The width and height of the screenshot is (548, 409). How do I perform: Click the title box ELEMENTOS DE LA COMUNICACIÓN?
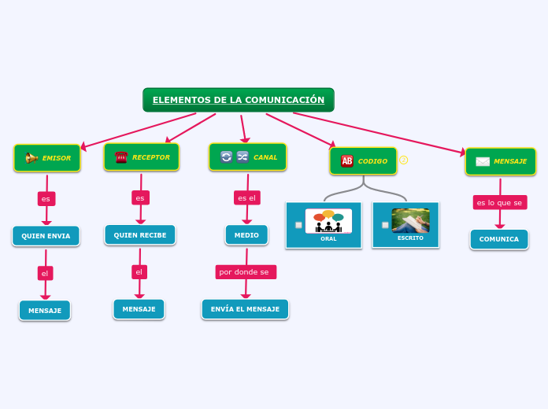pyautogui.click(x=239, y=100)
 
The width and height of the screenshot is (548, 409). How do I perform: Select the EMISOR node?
pyautogui.click(x=47, y=158)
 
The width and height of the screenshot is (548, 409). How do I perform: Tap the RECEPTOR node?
pyautogui.click(x=142, y=157)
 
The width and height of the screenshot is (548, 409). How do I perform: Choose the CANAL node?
pyautogui.click(x=247, y=157)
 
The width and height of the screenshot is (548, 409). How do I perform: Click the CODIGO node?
pyautogui.click(x=363, y=161)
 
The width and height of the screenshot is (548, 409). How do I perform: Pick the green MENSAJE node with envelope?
pyautogui.click(x=501, y=161)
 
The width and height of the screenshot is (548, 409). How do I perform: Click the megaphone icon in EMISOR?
pyautogui.click(x=31, y=158)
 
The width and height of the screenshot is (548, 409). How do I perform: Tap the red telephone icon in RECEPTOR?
pyautogui.click(x=121, y=157)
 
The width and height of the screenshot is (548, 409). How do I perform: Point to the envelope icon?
pyautogui.click(x=483, y=161)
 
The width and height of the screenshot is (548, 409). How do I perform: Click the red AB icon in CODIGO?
pyautogui.click(x=347, y=161)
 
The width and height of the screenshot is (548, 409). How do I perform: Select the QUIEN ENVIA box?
pyautogui.click(x=46, y=236)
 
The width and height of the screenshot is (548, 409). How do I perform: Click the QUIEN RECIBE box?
pyautogui.click(x=140, y=234)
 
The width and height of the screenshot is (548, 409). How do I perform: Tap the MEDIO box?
pyautogui.click(x=246, y=234)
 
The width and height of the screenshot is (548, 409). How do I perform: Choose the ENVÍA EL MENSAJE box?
pyautogui.click(x=245, y=309)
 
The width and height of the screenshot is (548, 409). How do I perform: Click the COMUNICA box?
pyautogui.click(x=499, y=239)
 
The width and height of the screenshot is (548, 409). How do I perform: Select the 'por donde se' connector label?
pyautogui.click(x=246, y=272)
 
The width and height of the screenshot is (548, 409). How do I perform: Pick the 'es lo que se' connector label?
pyautogui.click(x=499, y=203)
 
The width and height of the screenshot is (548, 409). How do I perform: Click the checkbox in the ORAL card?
pyautogui.click(x=298, y=225)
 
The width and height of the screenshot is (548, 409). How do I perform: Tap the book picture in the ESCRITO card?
pyautogui.click(x=410, y=220)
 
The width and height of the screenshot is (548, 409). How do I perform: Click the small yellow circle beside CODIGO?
pyautogui.click(x=404, y=160)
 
